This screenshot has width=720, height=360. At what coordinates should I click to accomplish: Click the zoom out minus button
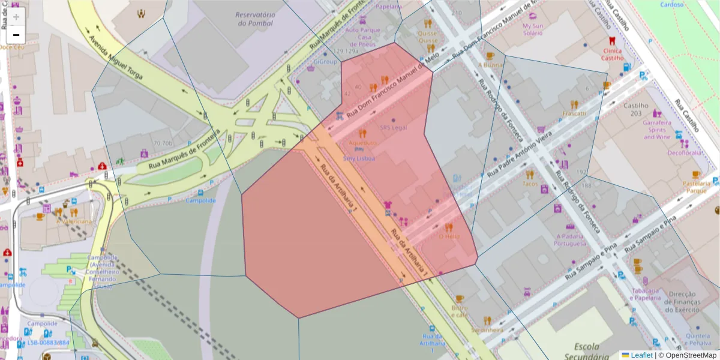(16, 35)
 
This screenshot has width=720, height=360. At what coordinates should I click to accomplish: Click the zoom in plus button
(16, 17)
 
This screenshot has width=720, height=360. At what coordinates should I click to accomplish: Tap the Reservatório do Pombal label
(255, 19)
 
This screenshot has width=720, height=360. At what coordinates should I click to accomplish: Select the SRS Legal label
(394, 127)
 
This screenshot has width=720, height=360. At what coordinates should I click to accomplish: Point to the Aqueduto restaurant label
(362, 143)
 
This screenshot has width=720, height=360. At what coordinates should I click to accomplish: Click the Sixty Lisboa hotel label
(359, 158)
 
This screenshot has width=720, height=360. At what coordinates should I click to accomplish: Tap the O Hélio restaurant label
(449, 236)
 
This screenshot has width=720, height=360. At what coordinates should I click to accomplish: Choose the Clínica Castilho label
(613, 55)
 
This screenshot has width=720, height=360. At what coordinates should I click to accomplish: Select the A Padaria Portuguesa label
(570, 240)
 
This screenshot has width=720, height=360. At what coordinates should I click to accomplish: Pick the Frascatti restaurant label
(574, 113)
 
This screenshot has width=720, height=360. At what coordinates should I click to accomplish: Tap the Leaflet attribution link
(641, 355)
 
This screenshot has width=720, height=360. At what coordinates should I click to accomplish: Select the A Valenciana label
(74, 221)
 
